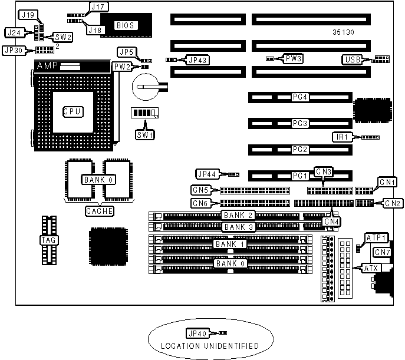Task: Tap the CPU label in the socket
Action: [x=73, y=111]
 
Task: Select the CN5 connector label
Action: [x=200, y=190]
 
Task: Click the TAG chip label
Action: [x=47, y=240]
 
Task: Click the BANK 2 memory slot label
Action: [x=238, y=216]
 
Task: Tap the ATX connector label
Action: [x=370, y=269]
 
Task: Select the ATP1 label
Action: [x=376, y=238]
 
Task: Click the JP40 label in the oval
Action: [x=195, y=333]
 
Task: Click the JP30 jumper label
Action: [x=15, y=51]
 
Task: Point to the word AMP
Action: [x=47, y=67]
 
